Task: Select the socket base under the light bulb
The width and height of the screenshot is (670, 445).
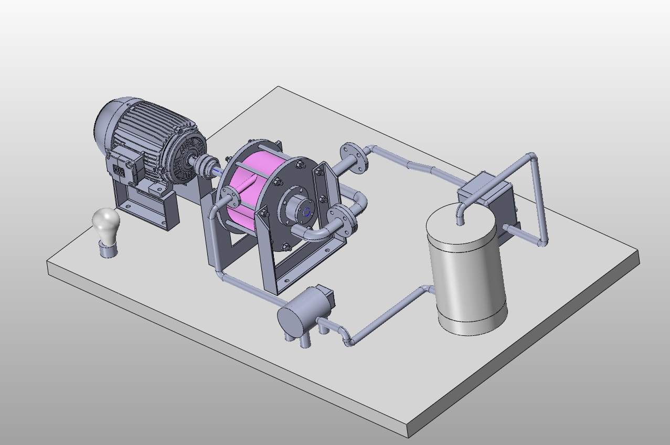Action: click(x=109, y=251)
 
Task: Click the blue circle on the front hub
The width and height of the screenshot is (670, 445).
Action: click(x=306, y=212)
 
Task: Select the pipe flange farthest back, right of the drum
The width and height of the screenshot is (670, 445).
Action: click(x=354, y=157)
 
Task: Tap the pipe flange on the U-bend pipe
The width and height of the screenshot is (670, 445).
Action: click(x=342, y=221)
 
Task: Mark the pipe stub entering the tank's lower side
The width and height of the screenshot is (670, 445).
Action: click(x=428, y=290)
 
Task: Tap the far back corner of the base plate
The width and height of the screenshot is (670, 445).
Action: click(x=278, y=87)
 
